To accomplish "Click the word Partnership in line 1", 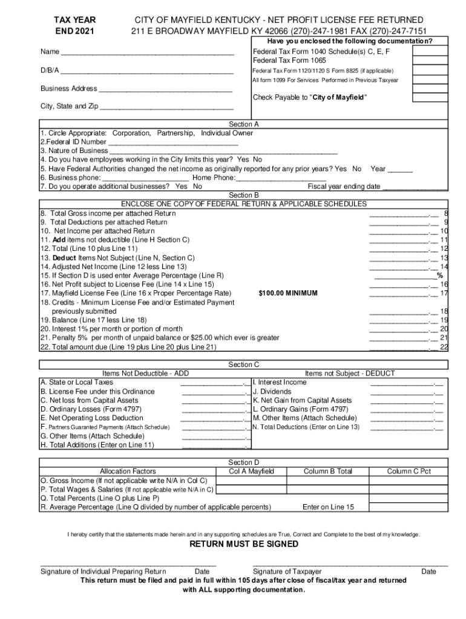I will (176, 133).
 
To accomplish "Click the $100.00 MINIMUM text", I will (288, 293).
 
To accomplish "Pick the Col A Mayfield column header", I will (251, 472).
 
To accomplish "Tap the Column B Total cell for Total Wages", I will (327, 490).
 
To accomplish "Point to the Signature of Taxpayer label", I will (287, 571).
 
